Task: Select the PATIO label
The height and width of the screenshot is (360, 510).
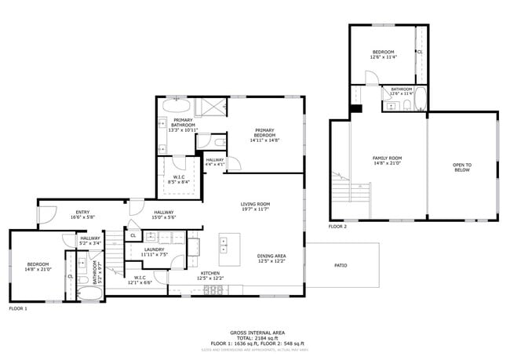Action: pos(341,265)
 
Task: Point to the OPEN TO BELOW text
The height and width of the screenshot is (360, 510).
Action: pos(462,166)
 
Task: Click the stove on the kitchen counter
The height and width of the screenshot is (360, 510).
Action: pos(212,289)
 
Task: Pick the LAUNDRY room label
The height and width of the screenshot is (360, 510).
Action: pos(154,249)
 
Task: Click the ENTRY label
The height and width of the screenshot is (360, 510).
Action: pos(82,212)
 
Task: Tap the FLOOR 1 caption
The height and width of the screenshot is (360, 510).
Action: pos(18,309)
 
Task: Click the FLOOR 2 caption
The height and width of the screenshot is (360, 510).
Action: pos(337,226)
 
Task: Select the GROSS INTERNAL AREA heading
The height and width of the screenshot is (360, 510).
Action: pos(255,332)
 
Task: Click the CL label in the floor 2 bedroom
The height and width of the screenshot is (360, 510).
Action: pos(419,52)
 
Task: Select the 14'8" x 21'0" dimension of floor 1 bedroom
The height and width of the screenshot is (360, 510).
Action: pos(38,269)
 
